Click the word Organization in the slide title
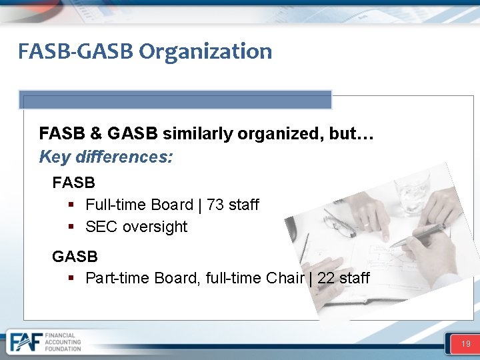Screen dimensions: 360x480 (x=205, y=51)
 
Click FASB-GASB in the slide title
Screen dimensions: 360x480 (x=77, y=51)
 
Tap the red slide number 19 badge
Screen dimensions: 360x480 (x=465, y=344)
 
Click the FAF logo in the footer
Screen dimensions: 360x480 (x=24, y=342)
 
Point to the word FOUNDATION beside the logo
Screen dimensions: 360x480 (x=63, y=349)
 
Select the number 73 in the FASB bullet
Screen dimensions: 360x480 (x=215, y=205)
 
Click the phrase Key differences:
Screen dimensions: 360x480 (x=106, y=157)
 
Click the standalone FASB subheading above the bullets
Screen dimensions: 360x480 (x=73, y=182)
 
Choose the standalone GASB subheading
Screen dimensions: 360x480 (x=75, y=256)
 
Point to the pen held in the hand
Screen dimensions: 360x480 (x=420, y=235)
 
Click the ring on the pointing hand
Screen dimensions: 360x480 (x=365, y=225)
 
